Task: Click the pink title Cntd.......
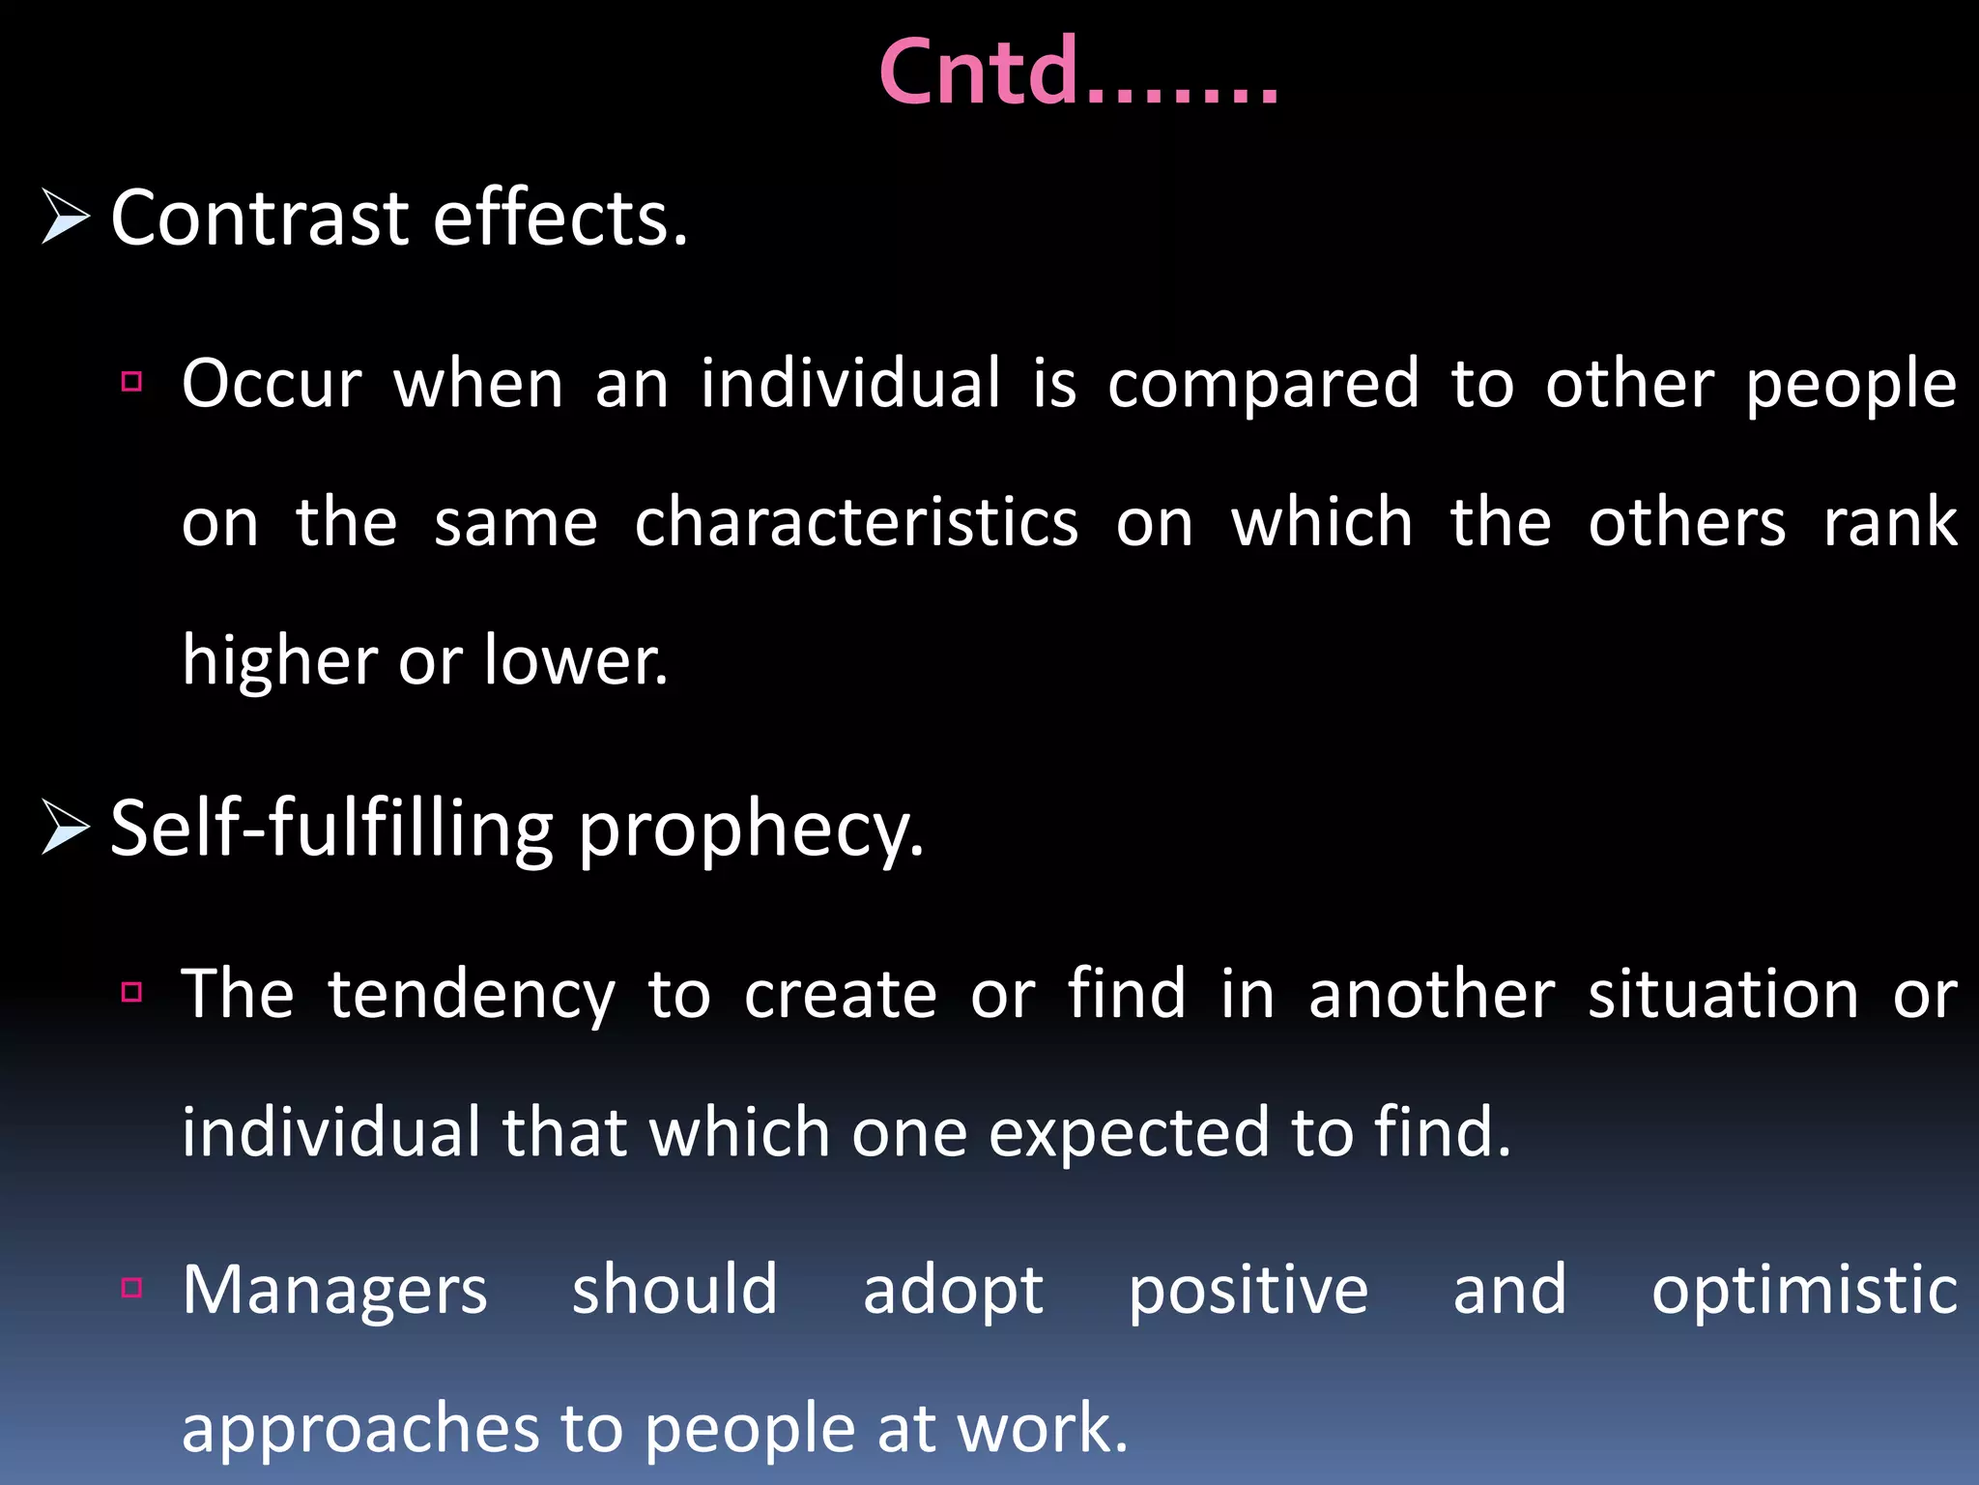point(1077,73)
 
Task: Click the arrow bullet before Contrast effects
point(66,217)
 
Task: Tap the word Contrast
point(260,218)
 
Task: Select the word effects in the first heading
point(560,218)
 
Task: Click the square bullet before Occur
point(132,381)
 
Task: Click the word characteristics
point(856,523)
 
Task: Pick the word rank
point(1889,523)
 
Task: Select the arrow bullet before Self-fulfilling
point(66,829)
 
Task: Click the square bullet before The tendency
point(132,991)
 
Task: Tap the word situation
point(1723,995)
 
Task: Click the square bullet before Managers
point(132,1287)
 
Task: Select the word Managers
point(334,1292)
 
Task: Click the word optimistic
point(1803,1292)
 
